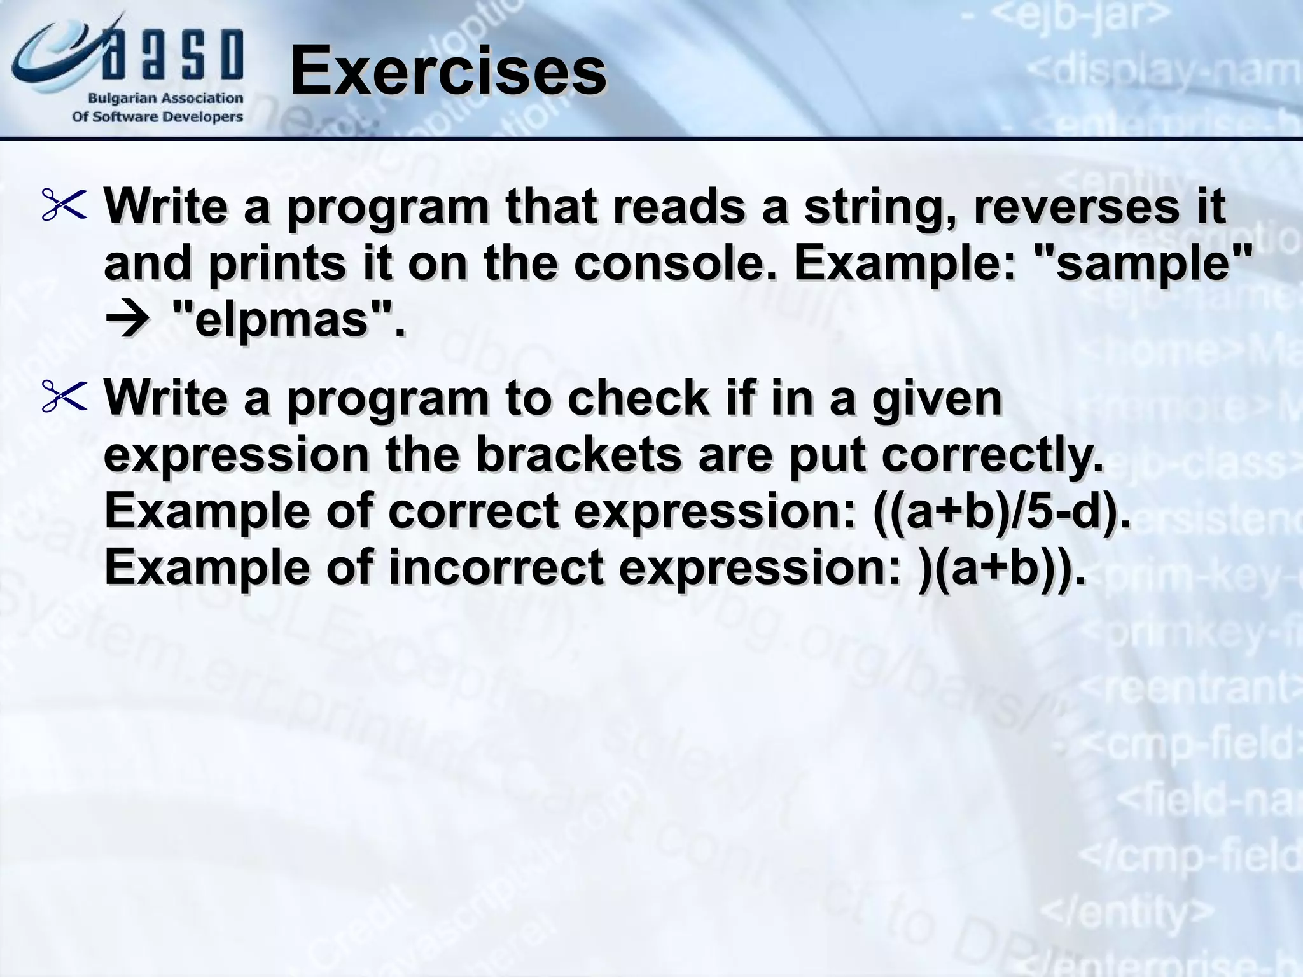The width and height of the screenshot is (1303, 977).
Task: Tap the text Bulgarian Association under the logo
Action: tap(165, 99)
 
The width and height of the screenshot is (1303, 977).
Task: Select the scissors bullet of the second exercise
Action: tap(64, 398)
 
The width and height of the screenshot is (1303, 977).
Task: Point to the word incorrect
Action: tap(496, 568)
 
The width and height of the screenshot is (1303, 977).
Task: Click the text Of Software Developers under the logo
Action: tap(158, 117)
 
